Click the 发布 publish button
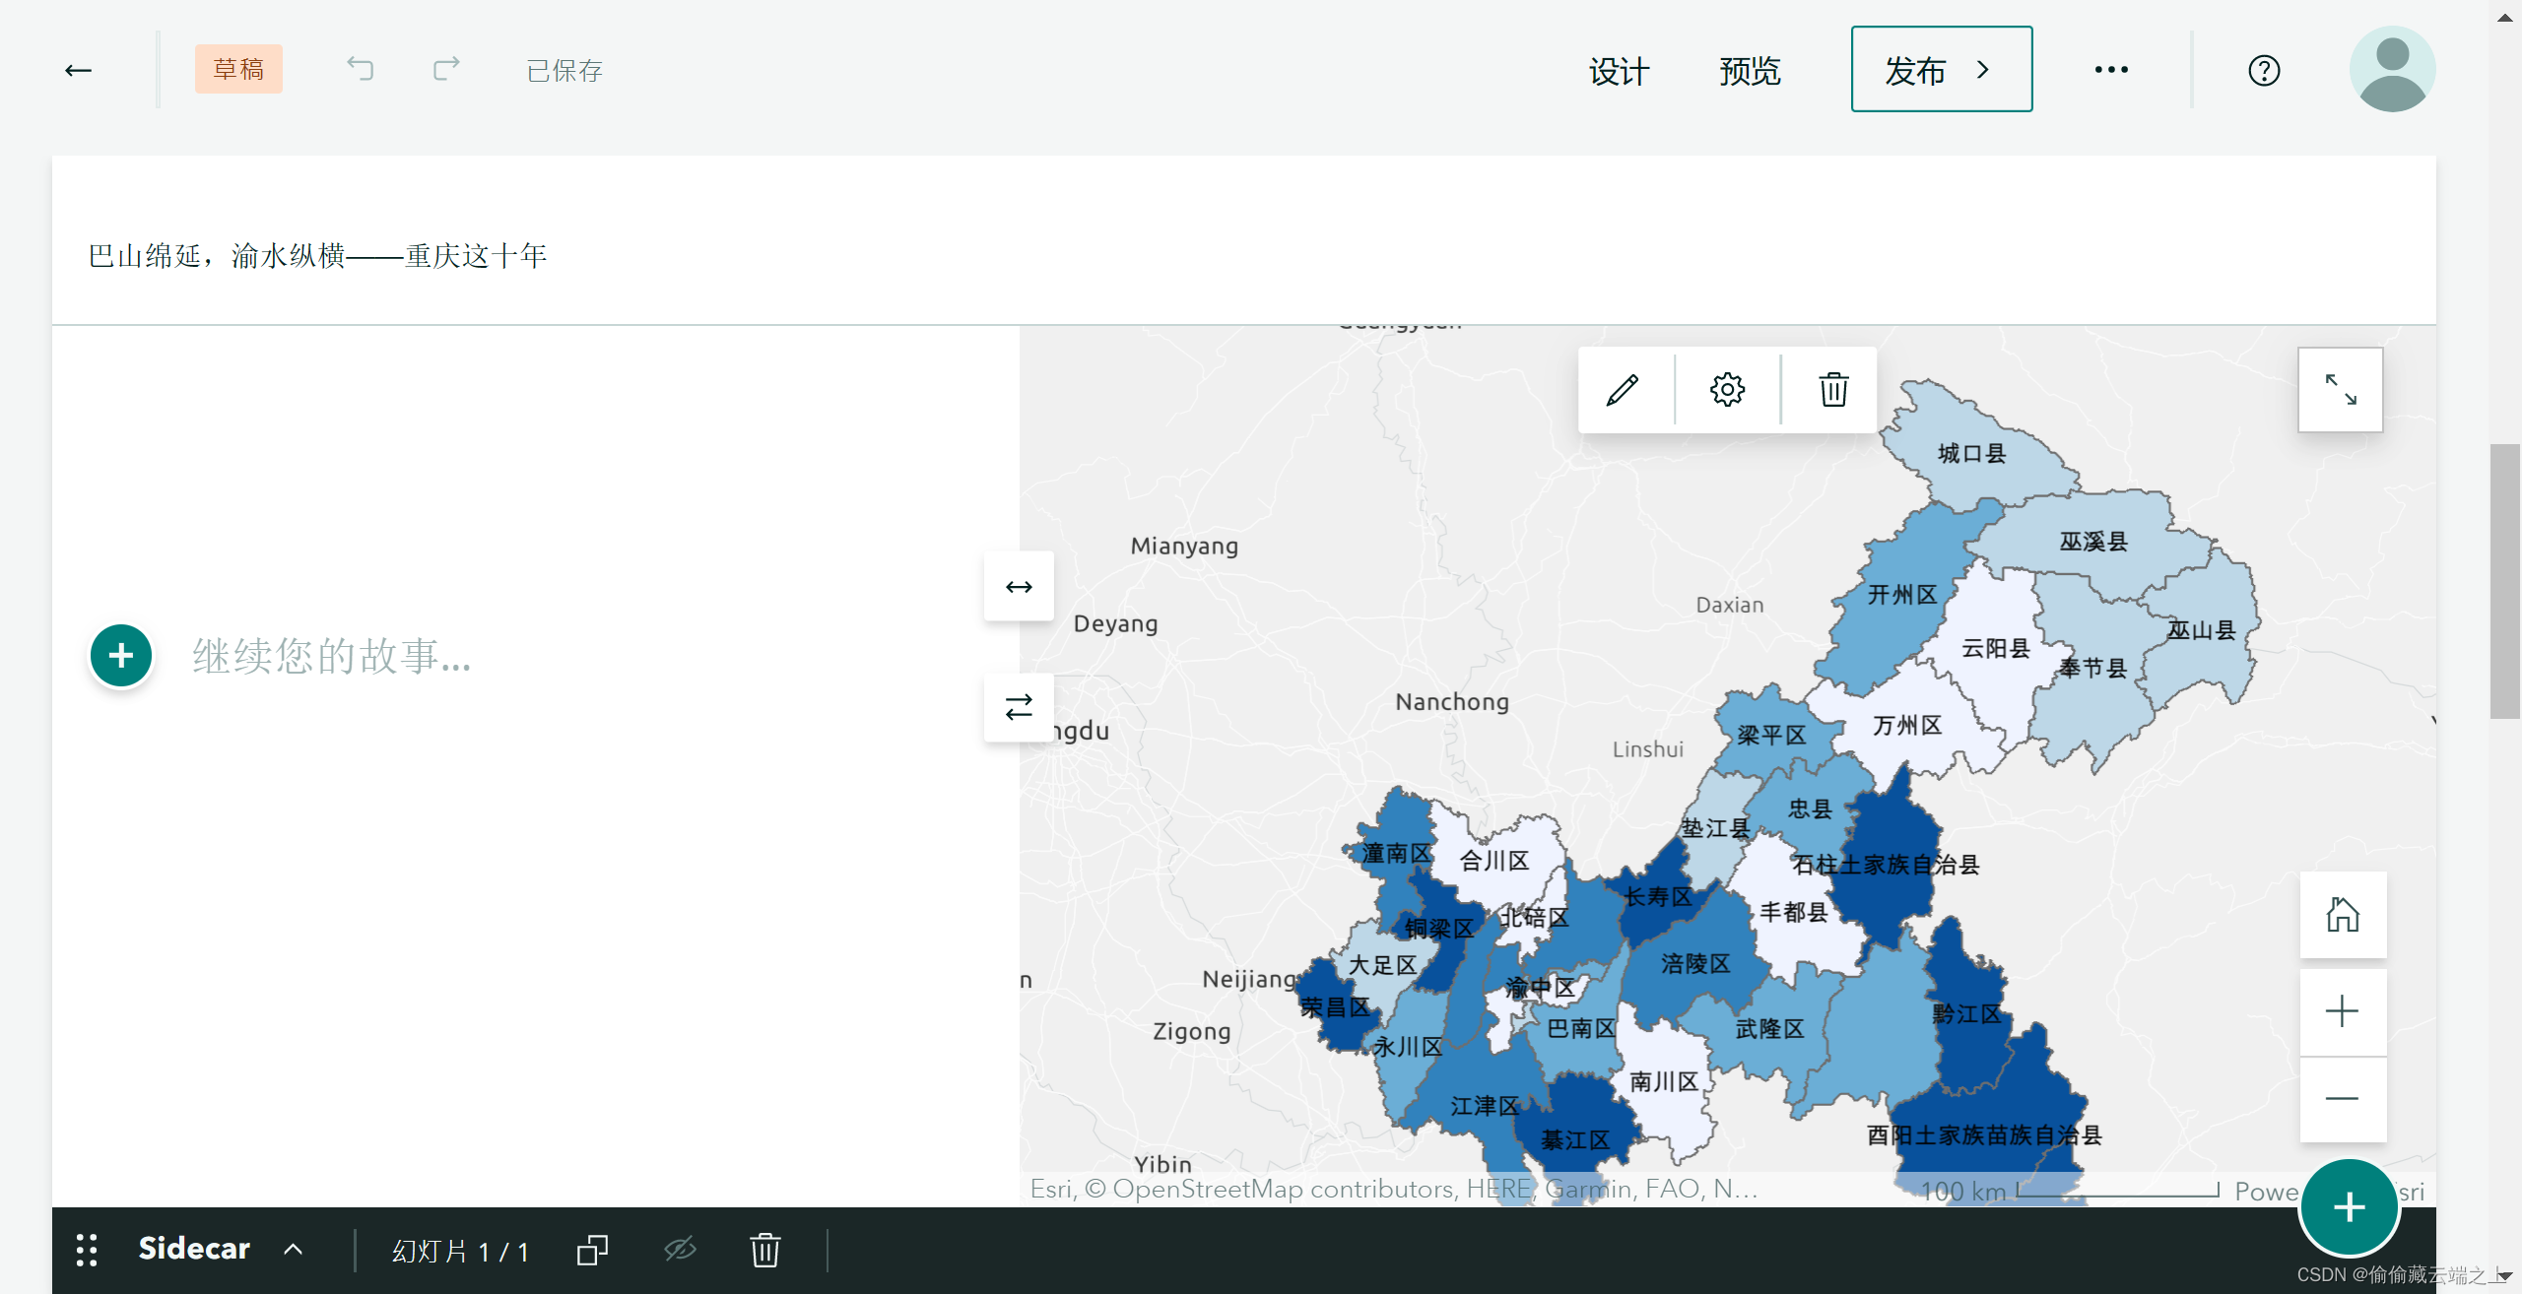tap(1940, 70)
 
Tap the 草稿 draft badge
tap(238, 70)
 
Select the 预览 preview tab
tap(1750, 71)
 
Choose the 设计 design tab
tap(1619, 71)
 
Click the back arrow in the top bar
tap(79, 70)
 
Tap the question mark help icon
tap(2264, 71)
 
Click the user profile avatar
tap(2391, 69)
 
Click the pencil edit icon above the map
tap(1623, 390)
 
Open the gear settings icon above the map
tap(1727, 390)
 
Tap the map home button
tap(2342, 915)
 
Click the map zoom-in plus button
tap(2342, 1011)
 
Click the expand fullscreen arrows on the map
tap(2340, 390)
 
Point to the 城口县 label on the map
tap(1971, 454)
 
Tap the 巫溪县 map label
tap(2093, 542)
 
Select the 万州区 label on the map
tap(1907, 726)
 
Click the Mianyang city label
tap(1184, 546)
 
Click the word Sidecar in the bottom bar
tap(194, 1249)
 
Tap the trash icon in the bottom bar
tap(764, 1251)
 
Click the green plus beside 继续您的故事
tap(121, 656)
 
